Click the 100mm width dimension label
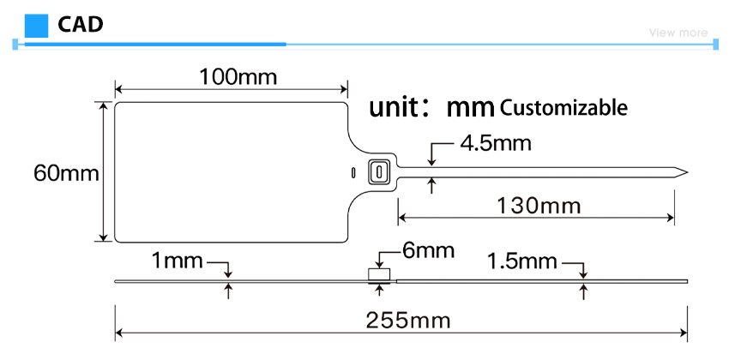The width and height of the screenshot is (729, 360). point(238,76)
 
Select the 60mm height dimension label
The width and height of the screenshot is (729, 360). point(67,174)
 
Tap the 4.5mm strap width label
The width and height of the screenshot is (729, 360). point(496,143)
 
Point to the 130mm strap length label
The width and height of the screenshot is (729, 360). point(539,206)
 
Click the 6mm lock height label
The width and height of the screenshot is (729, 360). point(427,251)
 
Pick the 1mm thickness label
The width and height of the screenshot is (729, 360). point(178,261)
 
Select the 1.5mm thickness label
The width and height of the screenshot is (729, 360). point(521,262)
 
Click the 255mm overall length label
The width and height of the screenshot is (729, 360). point(408,320)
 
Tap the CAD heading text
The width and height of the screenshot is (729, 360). point(80,25)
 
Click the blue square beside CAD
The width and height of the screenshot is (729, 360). point(36,26)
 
